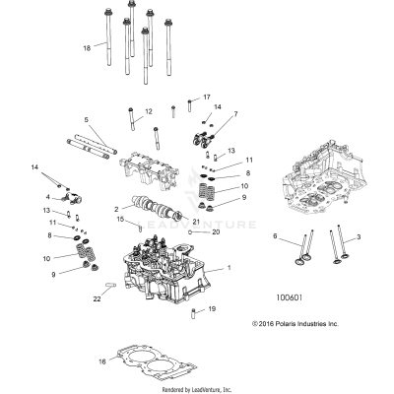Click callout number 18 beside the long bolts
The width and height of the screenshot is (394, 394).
click(88, 47)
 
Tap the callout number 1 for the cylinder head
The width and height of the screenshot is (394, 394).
click(230, 268)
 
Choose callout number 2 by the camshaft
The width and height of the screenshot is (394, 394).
click(115, 209)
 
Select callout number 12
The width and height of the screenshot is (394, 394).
click(149, 112)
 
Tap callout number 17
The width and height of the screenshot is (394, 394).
click(207, 98)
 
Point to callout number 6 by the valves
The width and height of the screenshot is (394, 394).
click(275, 236)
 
